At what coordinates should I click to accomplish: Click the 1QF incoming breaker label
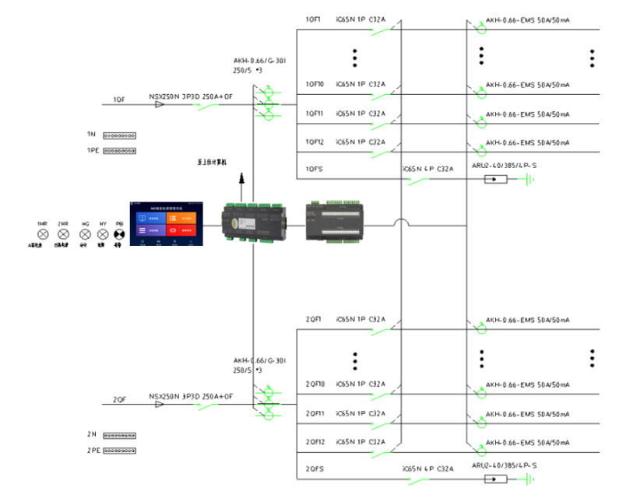[119, 99]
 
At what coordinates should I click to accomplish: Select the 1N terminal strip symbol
[120, 135]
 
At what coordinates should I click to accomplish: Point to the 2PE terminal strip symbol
[120, 450]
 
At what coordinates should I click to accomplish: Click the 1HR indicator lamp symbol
[43, 233]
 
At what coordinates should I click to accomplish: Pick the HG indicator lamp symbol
[85, 233]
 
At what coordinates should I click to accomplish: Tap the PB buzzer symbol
[119, 233]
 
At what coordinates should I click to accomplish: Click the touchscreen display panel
[166, 223]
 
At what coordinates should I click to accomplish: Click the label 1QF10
[315, 84]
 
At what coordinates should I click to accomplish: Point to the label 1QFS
[314, 167]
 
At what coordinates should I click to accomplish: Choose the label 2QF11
[315, 413]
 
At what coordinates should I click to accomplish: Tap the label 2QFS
[314, 469]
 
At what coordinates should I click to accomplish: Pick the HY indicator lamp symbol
[102, 233]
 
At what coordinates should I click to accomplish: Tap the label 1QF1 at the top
[313, 18]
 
